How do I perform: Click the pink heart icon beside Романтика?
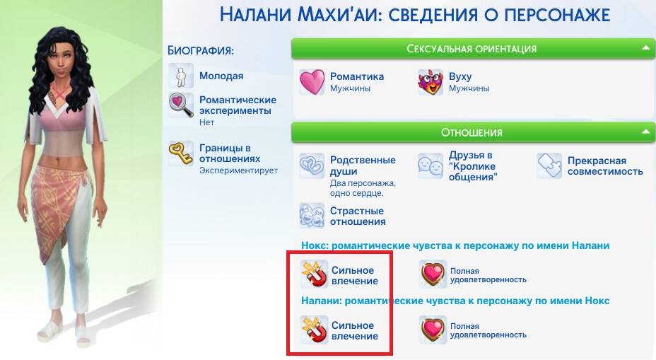312,82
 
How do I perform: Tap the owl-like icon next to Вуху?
430,82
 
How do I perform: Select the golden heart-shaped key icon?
181,153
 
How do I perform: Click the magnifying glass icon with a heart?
181,105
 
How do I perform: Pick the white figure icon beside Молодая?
181,76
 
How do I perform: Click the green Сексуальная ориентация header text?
471,49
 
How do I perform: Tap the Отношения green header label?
471,133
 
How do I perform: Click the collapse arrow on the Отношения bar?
645,132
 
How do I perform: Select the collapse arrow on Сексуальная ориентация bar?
645,47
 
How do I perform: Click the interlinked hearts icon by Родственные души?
312,166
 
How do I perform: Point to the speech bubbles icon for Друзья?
430,166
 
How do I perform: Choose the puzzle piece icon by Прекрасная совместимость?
549,166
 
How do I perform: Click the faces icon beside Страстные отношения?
312,216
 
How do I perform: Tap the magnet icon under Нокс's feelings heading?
314,274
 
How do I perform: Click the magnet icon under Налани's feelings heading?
314,330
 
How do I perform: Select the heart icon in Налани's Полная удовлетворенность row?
433,329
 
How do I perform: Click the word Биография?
200,50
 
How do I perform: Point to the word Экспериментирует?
238,170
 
